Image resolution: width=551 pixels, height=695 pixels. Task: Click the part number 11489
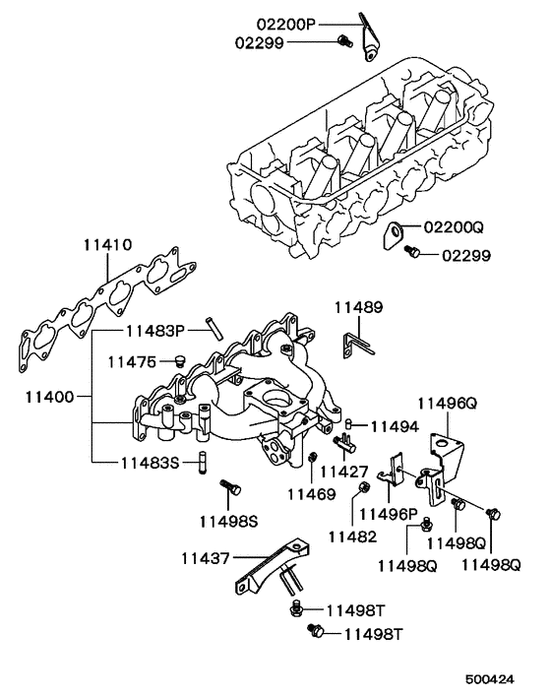pos(357,308)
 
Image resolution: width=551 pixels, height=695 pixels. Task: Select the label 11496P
pos(388,512)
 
